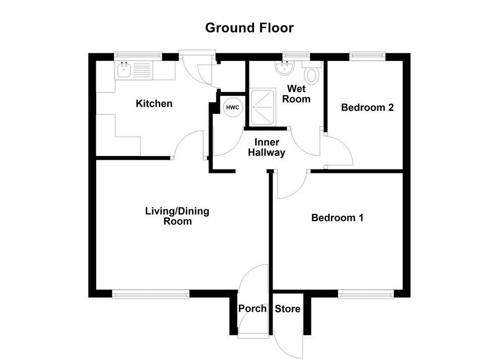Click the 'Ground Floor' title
point(249,28)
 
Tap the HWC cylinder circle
point(232,108)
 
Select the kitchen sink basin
point(123,70)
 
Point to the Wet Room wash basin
point(285,67)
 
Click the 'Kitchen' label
point(154,104)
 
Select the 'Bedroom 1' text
point(337,218)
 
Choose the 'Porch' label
point(253,309)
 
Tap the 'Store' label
point(287,309)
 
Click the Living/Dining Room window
point(151,294)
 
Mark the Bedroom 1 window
point(365,294)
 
